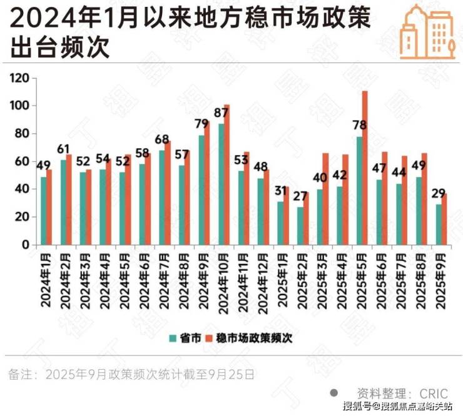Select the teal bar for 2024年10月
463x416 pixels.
click(221, 184)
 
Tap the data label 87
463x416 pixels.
click(221, 113)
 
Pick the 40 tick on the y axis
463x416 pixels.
click(23, 189)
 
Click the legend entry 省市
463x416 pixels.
click(185, 338)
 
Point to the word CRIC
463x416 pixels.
click(434, 393)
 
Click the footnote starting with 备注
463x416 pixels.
click(131, 375)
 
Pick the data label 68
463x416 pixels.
click(163, 140)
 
